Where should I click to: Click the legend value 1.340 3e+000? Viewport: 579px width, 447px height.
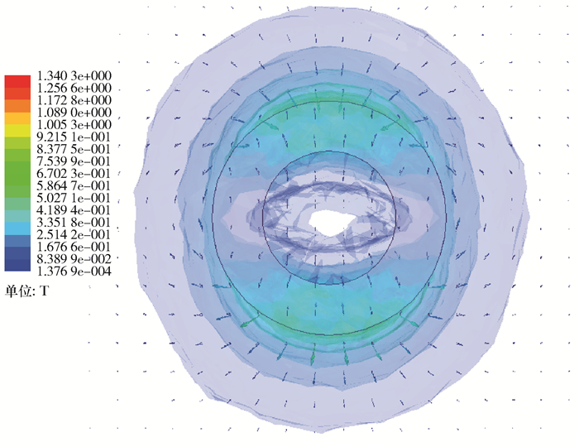coord(74,75)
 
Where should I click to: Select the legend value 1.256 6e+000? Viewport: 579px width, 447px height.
coord(74,88)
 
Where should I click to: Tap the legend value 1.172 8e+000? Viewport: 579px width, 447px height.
coord(74,100)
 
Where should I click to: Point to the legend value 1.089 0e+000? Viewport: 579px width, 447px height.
coord(74,113)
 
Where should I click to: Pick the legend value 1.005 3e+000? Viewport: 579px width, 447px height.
coord(74,124)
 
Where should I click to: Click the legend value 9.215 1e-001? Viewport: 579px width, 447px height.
coord(74,137)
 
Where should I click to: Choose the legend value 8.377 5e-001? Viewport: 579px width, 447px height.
coord(74,149)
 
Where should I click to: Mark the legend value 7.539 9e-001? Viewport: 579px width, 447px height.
coord(74,161)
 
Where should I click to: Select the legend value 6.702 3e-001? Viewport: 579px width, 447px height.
coord(74,173)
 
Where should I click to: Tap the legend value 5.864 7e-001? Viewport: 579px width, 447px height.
coord(74,185)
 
